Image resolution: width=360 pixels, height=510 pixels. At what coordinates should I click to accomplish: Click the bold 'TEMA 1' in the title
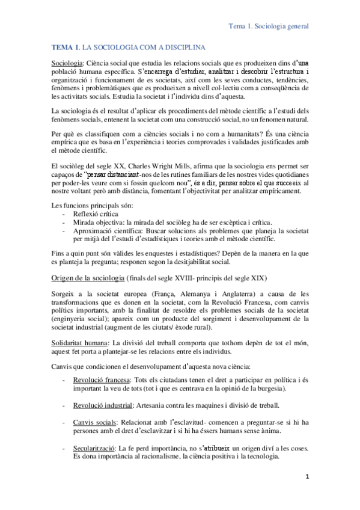tap(66, 47)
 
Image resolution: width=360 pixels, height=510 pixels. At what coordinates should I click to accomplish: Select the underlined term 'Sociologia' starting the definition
tap(67, 63)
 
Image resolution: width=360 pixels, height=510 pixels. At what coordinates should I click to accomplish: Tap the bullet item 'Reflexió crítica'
tap(97, 214)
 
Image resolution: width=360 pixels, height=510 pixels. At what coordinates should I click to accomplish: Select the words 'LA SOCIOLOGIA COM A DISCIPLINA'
tap(143, 47)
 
